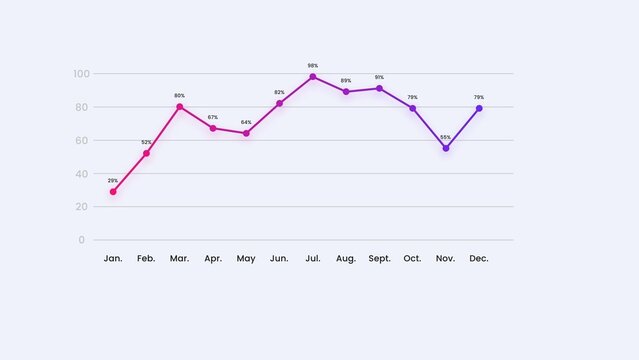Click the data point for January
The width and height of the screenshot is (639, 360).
(113, 192)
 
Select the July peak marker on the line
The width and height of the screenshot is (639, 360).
(313, 77)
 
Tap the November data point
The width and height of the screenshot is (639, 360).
(446, 148)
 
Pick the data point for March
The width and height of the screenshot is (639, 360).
(180, 107)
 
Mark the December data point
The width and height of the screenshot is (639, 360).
(479, 108)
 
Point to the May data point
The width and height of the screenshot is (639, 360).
(246, 133)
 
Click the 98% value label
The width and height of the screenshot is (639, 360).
(313, 66)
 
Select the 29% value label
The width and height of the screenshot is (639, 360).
(113, 181)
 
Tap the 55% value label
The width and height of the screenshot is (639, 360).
(446, 137)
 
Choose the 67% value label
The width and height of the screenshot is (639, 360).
(213, 117)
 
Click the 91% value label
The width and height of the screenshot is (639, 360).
(379, 77)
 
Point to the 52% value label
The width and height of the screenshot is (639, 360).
(146, 142)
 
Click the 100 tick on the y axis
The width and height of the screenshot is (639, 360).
(80, 74)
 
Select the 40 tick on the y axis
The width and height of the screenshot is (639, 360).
(80, 173)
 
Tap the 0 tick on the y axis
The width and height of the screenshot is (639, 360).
(82, 240)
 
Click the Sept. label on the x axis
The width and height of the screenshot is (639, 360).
(379, 259)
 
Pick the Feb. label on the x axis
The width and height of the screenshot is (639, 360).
(146, 259)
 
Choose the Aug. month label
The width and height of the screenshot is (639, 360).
(346, 259)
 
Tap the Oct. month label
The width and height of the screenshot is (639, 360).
(412, 259)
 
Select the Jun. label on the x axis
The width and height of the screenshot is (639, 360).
(279, 259)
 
